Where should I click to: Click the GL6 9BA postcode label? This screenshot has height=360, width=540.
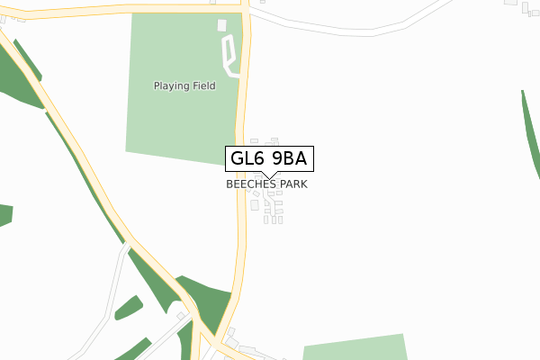pos(270,158)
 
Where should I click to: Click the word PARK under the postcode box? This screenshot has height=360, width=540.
pos(293,184)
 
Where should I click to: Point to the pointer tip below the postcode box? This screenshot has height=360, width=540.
pos(270,176)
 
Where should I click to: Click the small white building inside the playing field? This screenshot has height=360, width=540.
pos(222,24)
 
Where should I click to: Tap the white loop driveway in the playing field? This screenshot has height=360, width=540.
pos(229,56)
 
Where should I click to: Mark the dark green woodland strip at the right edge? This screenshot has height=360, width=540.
pos(530,135)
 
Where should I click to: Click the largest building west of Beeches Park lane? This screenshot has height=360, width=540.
pos(255,205)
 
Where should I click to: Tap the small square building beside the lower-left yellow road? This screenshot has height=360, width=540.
pos(181,316)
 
